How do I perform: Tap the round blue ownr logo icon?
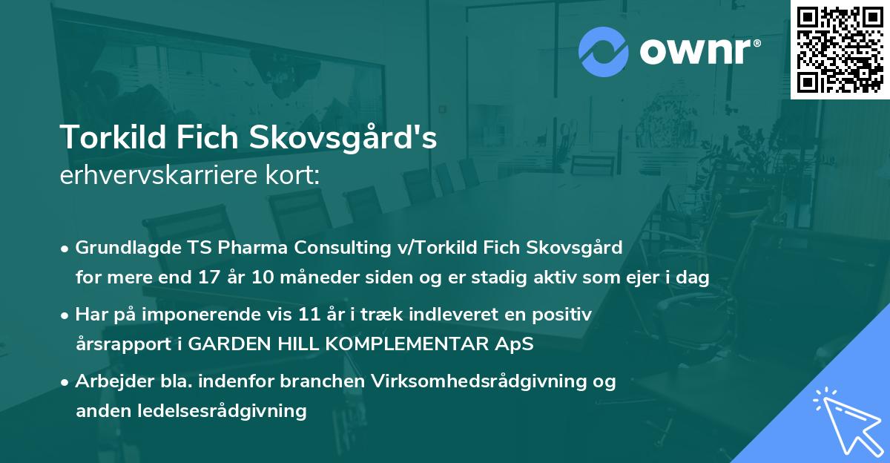click(603, 51)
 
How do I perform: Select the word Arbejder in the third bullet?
click(109, 381)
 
